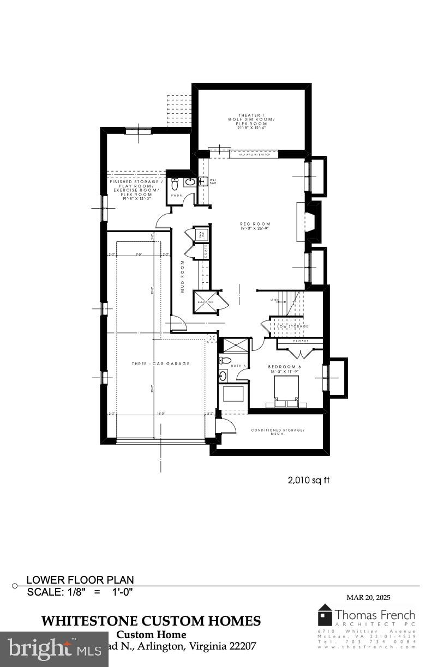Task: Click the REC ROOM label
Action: point(255,224)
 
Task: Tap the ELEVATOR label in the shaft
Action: point(205,301)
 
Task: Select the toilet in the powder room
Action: point(176,183)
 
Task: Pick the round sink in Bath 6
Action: point(224,375)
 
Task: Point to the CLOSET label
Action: point(300,341)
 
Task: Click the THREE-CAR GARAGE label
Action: point(161,363)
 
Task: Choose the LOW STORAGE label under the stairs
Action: point(292,326)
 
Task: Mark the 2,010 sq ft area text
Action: point(308,480)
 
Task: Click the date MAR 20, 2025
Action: point(368,597)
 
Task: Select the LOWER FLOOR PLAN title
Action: point(80,580)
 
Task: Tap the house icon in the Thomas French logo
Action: point(325,615)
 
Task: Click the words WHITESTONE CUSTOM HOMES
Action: point(151,621)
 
